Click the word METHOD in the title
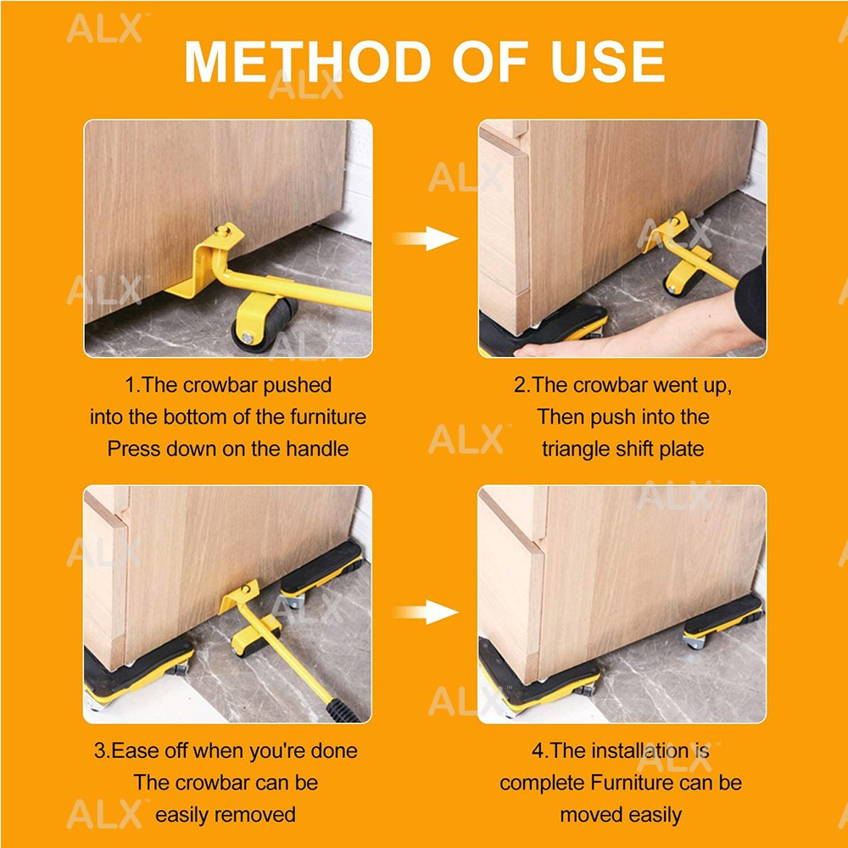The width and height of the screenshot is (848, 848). (x=308, y=62)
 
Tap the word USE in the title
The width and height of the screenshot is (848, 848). (x=607, y=62)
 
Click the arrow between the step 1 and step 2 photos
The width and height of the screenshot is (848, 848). (x=426, y=238)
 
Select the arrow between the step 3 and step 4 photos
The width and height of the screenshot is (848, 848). (x=426, y=611)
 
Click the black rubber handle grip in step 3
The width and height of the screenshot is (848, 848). (x=343, y=711)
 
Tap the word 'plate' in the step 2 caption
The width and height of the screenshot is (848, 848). (x=682, y=449)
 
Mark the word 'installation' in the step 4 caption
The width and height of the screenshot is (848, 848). (x=639, y=750)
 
